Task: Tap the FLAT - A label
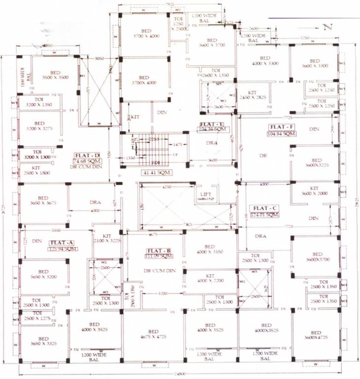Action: pyautogui.click(x=61, y=242)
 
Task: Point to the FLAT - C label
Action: pyautogui.click(x=261, y=208)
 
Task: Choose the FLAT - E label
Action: pyautogui.click(x=212, y=124)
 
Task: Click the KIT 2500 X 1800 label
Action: pyautogui.click(x=37, y=171)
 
